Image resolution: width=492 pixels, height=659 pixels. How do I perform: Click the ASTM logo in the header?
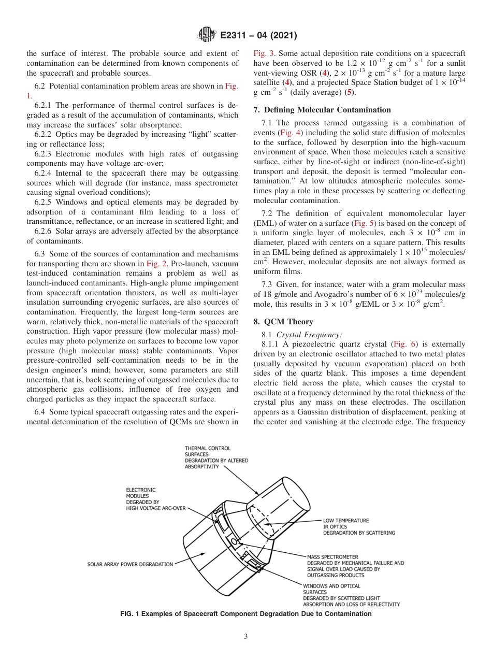pos(207,36)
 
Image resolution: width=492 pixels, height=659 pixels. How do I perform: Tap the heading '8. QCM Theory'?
pos(282,322)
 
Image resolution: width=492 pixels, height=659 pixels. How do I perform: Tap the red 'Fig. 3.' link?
pos(264,53)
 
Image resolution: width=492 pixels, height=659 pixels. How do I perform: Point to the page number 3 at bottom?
pos(246,636)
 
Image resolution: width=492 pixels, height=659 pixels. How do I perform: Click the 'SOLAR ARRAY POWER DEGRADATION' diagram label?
pos(130,564)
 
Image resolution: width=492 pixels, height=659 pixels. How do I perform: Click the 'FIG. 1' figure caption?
pos(245,614)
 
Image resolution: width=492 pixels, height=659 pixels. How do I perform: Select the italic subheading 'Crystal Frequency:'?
pos(309,335)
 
